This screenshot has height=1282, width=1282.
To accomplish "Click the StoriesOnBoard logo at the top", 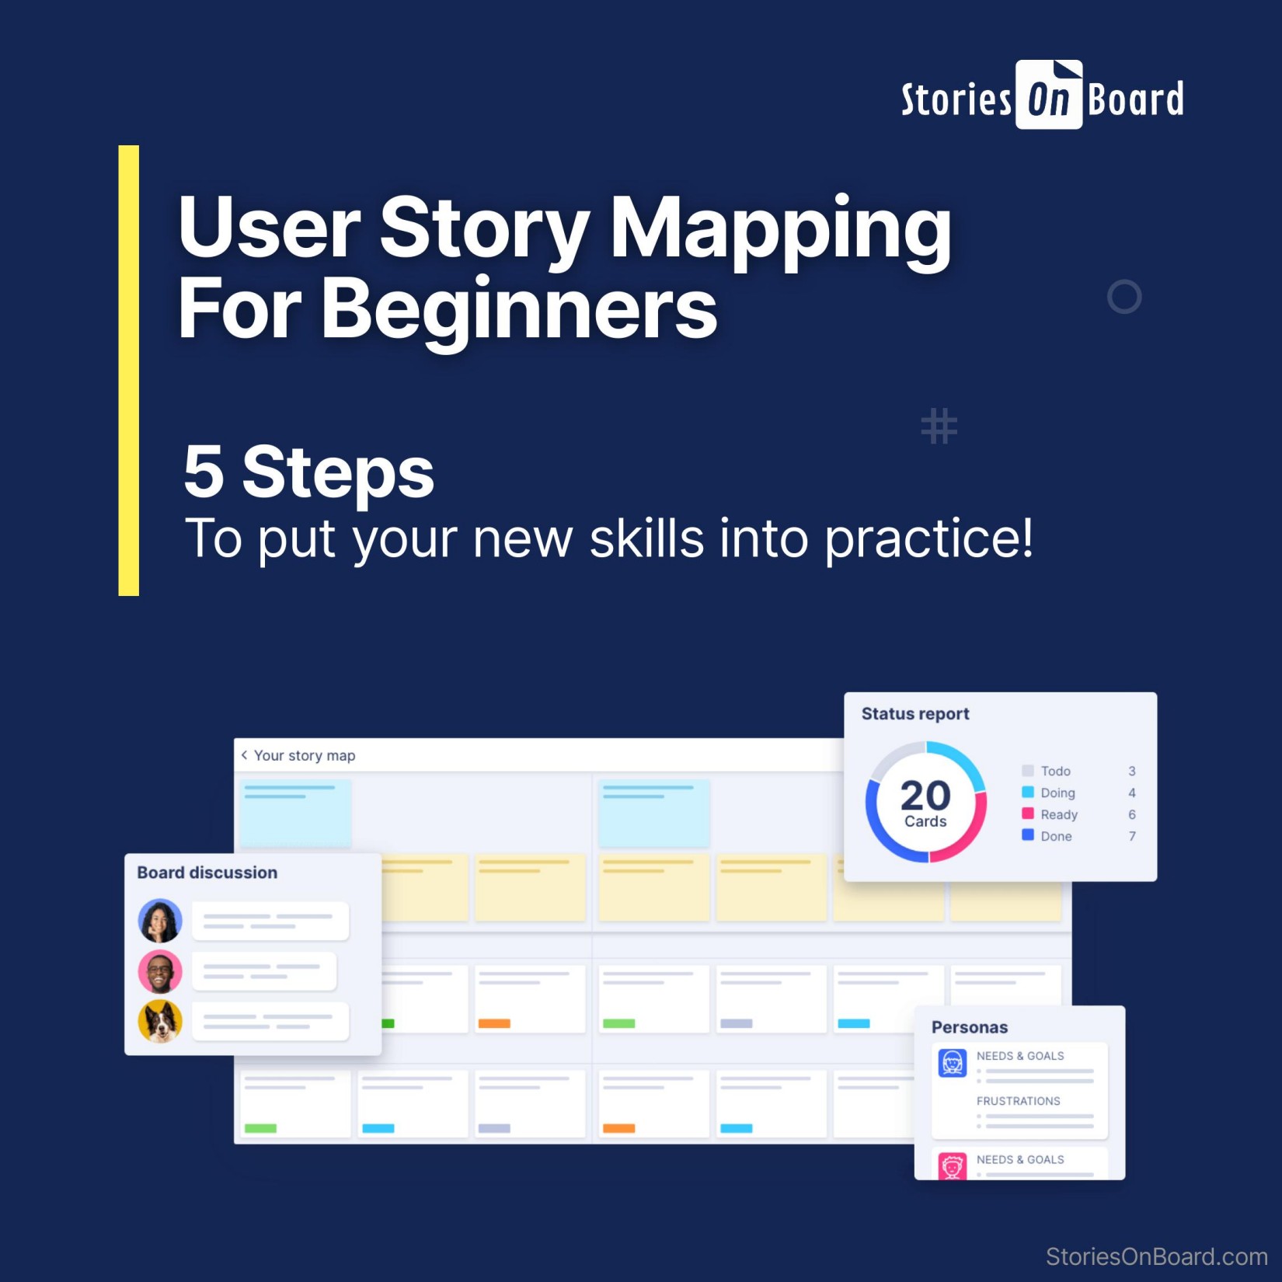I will [x=1042, y=97].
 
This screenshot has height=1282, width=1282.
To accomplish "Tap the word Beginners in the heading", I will [x=519, y=309].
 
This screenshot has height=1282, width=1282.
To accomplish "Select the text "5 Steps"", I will [x=308, y=472].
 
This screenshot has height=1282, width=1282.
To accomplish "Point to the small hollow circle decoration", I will [x=1123, y=297].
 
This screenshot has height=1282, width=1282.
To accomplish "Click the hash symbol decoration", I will [x=939, y=426].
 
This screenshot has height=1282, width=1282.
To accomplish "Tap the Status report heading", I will [x=914, y=714].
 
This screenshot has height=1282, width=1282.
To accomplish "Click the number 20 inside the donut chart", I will [x=925, y=796].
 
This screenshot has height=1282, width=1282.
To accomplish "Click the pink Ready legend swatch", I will [x=1027, y=813].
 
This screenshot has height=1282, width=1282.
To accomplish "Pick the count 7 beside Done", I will [x=1131, y=836].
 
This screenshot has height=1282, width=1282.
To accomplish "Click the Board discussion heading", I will [x=207, y=873].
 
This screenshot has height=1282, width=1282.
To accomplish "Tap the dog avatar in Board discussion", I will [x=160, y=1021].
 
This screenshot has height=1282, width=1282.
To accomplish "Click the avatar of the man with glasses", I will [x=160, y=971].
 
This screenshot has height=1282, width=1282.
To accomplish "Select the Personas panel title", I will [x=969, y=1027].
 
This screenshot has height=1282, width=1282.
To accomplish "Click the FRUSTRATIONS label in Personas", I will [x=1018, y=1101].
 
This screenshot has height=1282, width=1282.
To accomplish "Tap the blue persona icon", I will [x=952, y=1062].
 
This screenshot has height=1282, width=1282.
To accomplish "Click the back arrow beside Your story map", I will [x=244, y=755].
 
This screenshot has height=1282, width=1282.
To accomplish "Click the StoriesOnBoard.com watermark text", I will [x=1155, y=1256].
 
